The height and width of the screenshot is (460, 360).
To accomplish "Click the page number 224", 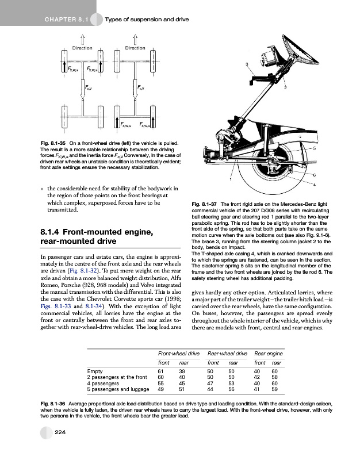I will [x=59, y=432].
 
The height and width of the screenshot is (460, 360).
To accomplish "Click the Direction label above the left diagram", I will [x=82, y=48].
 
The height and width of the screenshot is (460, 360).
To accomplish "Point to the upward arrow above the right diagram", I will [x=135, y=39].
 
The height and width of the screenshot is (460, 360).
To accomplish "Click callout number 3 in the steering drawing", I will [x=247, y=63].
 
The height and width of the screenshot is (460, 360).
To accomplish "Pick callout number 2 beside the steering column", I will [x=285, y=87].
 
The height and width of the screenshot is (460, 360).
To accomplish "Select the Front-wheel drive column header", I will [x=178, y=352].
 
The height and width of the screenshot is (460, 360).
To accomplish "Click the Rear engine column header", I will [x=267, y=352].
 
